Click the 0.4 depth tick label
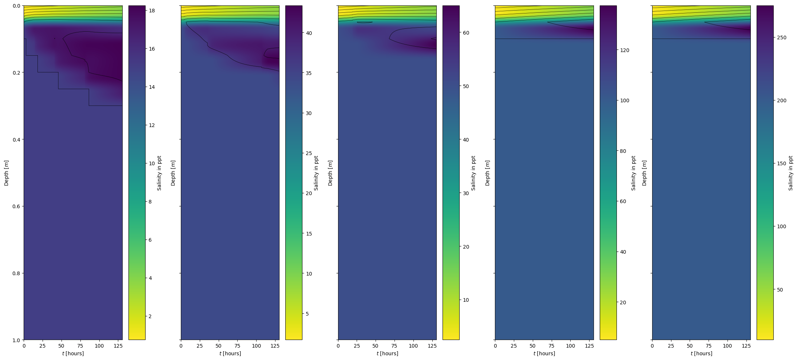(x=17, y=139)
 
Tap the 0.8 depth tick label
(x=17, y=273)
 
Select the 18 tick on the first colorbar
(x=152, y=11)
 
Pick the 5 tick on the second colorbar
(x=307, y=314)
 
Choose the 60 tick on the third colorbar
(x=466, y=33)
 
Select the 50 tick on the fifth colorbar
(x=780, y=290)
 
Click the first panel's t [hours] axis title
(x=73, y=353)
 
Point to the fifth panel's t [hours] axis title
(x=701, y=353)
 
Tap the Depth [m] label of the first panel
(x=6, y=173)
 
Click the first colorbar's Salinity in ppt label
(x=159, y=173)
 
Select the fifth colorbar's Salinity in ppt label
(x=791, y=173)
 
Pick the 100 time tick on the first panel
(x=99, y=346)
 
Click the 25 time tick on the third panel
(x=357, y=346)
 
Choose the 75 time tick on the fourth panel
(x=551, y=346)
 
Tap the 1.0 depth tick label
(x=17, y=340)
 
